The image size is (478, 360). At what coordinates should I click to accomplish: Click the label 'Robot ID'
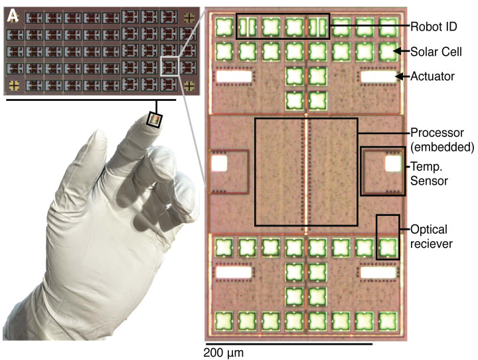[435, 27]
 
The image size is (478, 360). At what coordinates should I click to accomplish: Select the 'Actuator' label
[433, 76]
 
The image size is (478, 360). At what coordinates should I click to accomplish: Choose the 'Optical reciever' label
[432, 237]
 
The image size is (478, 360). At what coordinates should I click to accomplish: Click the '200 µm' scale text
[224, 353]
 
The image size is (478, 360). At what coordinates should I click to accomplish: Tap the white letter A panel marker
[13, 13]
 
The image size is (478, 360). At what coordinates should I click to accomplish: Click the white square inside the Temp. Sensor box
[393, 162]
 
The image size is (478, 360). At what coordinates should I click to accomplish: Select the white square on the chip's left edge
[218, 162]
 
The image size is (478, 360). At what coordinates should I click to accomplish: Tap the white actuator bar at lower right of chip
[378, 272]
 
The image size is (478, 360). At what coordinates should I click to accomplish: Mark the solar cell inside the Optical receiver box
[388, 247]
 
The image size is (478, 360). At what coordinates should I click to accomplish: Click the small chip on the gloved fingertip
[155, 120]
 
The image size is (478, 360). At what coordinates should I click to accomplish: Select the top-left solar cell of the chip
[224, 27]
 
